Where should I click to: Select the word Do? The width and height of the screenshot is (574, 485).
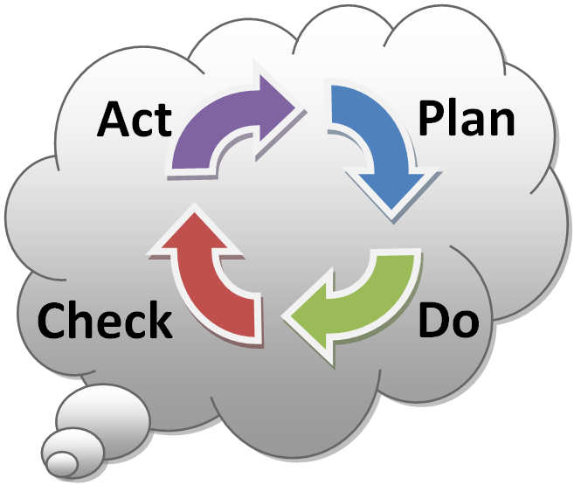click(448, 321)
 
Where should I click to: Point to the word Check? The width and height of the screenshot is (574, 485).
click(103, 321)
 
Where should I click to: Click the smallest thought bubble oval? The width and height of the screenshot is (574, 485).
click(62, 461)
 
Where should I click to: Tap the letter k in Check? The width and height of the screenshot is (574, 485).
click(160, 321)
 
